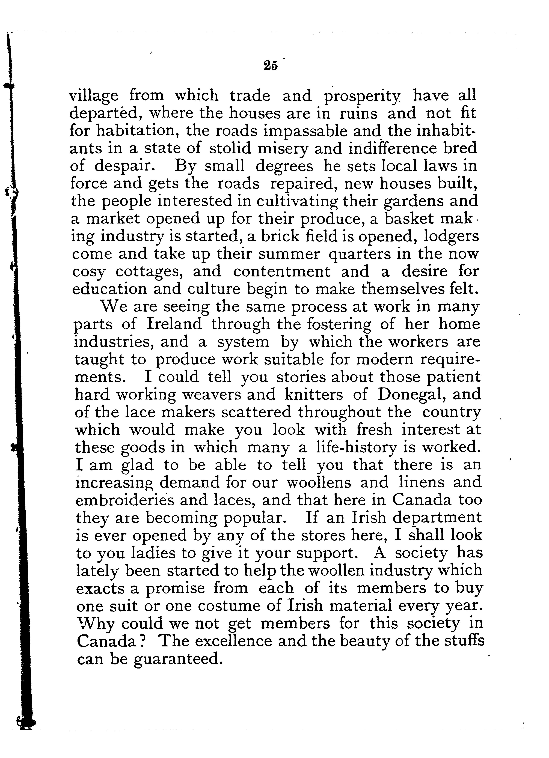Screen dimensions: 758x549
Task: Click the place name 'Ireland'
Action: coord(174,324)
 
